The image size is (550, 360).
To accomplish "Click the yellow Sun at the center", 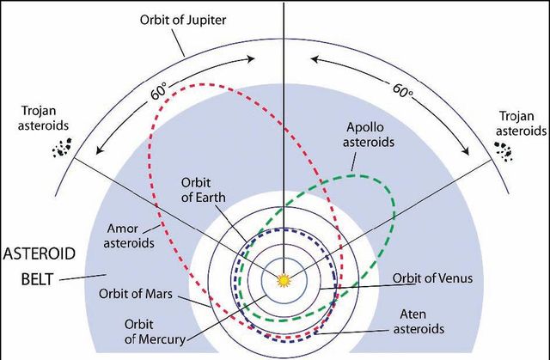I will (283, 278).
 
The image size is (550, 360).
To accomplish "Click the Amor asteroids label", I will (131, 235).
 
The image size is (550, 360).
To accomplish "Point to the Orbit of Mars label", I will (136, 294).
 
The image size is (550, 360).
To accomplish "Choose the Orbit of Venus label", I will (433, 278).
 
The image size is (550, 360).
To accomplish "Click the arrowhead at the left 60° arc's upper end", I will (253, 59).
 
